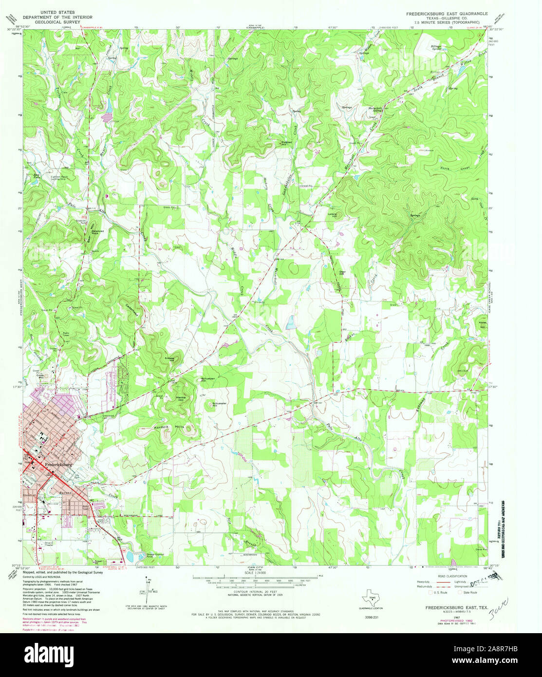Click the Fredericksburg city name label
click(x=58, y=465)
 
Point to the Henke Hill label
click(x=181, y=398)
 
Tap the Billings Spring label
click(x=437, y=48)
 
